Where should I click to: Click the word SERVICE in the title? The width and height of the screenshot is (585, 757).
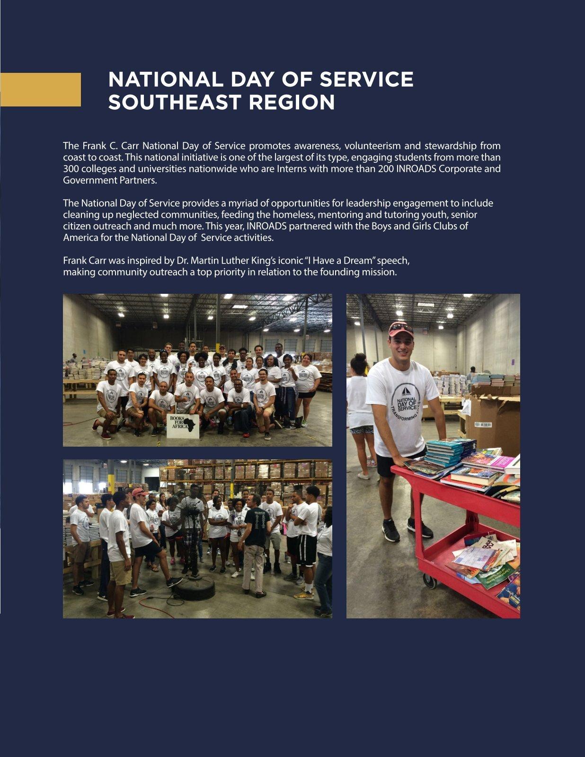pos(366,79)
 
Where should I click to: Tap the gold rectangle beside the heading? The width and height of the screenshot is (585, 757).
pos(40,89)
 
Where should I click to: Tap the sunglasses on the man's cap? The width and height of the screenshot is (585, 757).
pos(401,326)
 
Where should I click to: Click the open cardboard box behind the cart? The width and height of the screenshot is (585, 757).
pos(492,416)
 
